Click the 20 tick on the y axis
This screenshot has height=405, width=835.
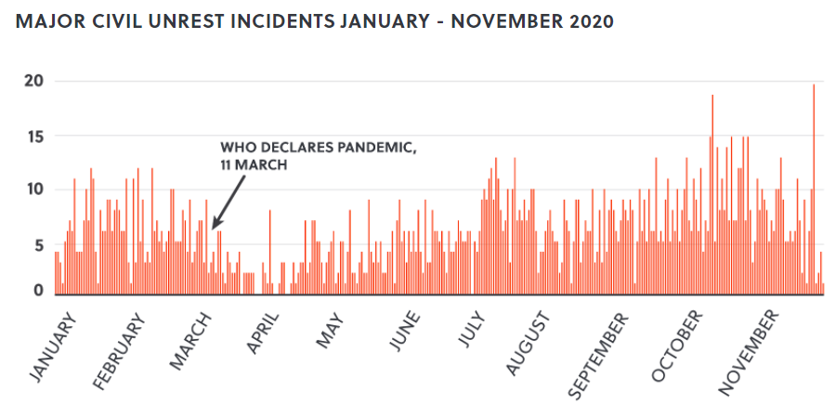[33, 82]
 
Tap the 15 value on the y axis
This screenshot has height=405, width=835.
[33, 137]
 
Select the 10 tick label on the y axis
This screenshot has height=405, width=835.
[33, 190]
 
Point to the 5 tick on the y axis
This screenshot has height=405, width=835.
[38, 246]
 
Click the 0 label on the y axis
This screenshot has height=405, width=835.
[38, 291]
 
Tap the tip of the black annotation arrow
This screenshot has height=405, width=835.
[213, 228]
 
